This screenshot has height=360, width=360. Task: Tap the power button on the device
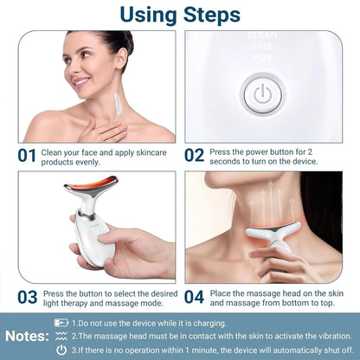(x=260, y=93)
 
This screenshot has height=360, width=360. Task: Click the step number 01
(x=27, y=155)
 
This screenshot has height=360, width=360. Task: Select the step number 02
(x=195, y=155)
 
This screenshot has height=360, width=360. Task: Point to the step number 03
(x=27, y=297)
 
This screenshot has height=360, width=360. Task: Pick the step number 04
(x=195, y=297)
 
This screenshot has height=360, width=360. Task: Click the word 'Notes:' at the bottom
(x=27, y=335)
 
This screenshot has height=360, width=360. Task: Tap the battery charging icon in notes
(x=61, y=323)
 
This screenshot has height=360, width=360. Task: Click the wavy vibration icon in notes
(x=61, y=335)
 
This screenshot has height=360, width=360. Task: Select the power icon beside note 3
(x=61, y=349)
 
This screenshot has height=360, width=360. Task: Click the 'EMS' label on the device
(x=259, y=47)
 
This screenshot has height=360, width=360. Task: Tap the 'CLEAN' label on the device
(x=259, y=37)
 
